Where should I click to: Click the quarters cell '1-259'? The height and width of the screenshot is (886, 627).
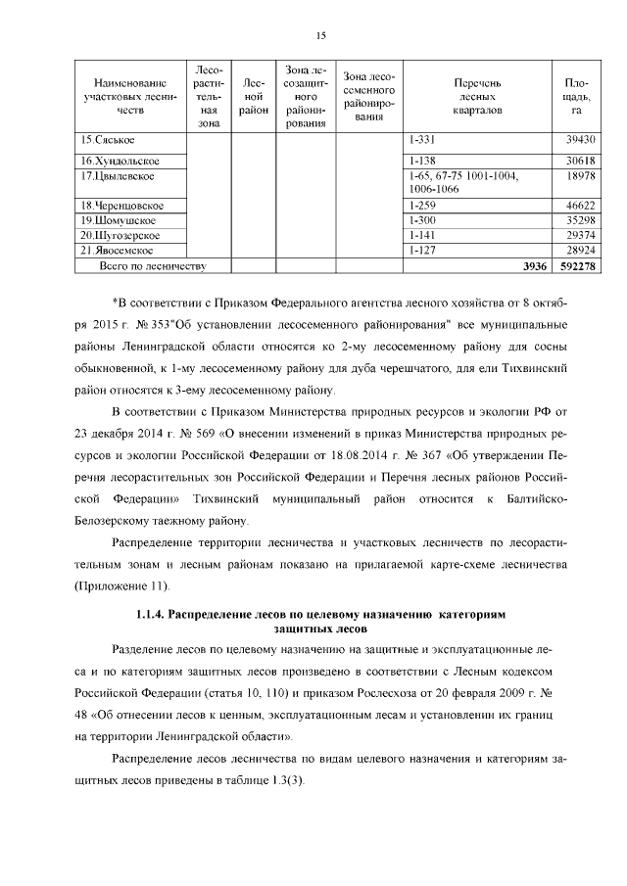pyautogui.click(x=422, y=206)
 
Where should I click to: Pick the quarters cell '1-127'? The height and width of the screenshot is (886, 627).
pyautogui.click(x=422, y=251)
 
